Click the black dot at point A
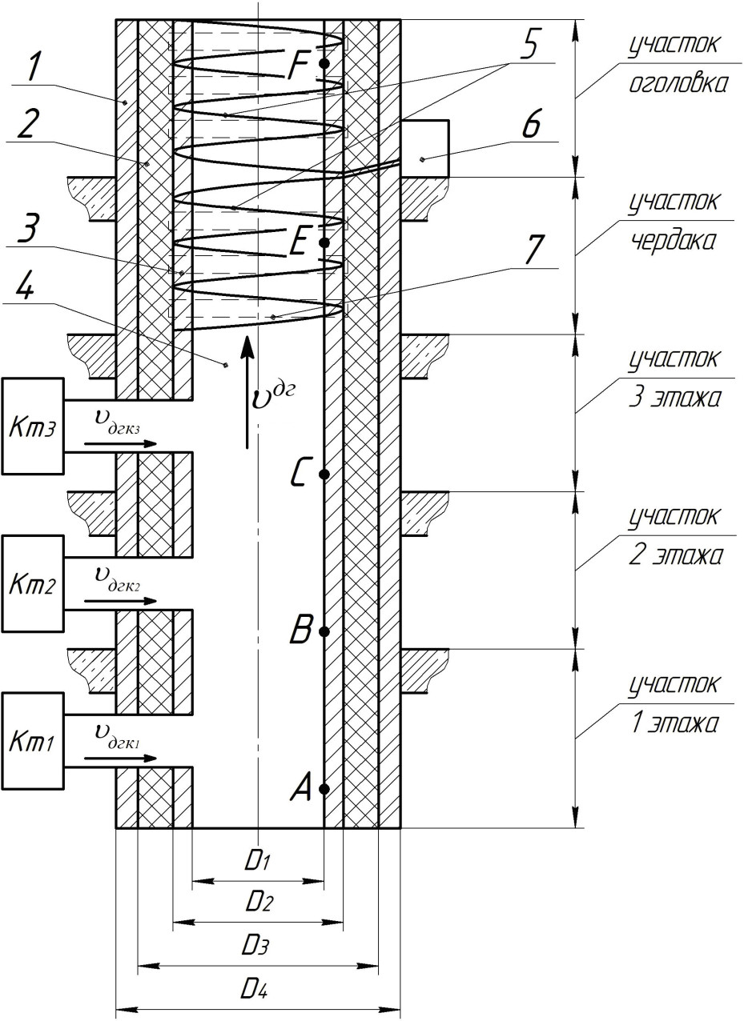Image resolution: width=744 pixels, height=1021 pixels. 324,789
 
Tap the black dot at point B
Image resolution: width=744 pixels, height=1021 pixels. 324,631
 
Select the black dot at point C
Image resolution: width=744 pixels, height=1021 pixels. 324,474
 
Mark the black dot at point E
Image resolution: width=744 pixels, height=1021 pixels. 324,242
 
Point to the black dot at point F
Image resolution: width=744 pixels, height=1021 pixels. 324,63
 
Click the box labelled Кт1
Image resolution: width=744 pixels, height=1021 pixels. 32,742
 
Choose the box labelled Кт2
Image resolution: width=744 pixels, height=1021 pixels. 32,584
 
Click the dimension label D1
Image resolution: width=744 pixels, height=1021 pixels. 257,862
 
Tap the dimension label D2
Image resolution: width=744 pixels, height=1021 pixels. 257,903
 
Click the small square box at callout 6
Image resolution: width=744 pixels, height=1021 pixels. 424,149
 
